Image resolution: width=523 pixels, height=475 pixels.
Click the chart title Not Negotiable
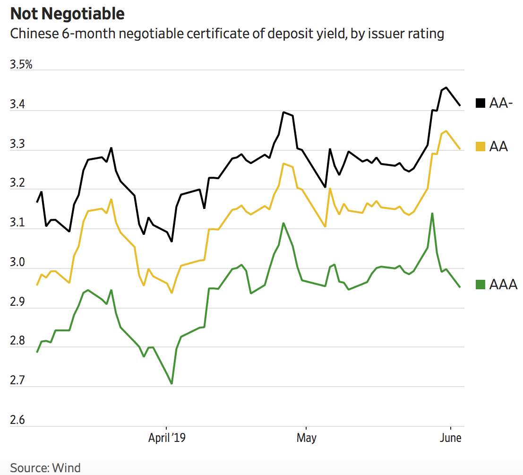coord(68,14)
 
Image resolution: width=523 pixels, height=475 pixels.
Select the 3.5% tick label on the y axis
coord(21,64)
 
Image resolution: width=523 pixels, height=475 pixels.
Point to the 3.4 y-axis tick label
coord(17,104)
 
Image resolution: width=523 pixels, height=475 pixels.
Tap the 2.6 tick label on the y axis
coord(17,420)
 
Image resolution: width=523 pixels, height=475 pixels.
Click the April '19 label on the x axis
coord(167,438)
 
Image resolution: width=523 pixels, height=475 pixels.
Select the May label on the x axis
coord(306,438)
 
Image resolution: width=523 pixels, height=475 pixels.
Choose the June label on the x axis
coord(451,438)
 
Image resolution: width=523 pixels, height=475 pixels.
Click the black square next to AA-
coord(480,104)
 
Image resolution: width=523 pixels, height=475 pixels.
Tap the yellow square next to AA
coord(480,147)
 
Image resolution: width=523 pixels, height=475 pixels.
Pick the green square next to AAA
coord(480,285)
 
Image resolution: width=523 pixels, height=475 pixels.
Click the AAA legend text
coord(504,285)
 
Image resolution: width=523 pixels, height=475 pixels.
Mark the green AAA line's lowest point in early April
coord(171,383)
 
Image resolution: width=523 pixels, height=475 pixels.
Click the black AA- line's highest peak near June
coord(446,87)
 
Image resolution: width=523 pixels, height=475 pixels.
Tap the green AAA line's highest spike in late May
coord(432,213)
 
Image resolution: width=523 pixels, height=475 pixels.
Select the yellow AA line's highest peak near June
coord(446,131)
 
